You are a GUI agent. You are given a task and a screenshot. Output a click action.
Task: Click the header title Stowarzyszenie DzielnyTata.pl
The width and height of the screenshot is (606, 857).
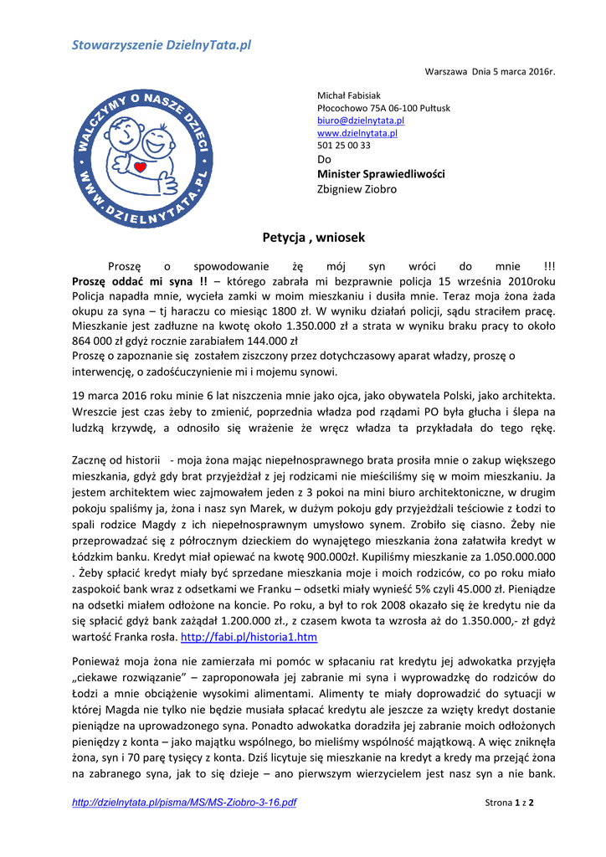pos(161,44)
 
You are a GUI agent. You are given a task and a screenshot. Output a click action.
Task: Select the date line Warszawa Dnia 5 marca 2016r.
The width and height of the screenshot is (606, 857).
pos(490,73)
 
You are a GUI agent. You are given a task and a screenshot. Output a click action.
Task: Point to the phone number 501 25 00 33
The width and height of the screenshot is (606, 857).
pos(344,145)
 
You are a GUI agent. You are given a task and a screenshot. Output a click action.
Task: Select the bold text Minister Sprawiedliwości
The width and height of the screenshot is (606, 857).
pos(381,174)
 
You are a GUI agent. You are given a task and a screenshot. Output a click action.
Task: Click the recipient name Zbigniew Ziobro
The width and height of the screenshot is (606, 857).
pos(357,189)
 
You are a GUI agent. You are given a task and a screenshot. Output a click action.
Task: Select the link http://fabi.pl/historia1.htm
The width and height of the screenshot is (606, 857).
pos(249,638)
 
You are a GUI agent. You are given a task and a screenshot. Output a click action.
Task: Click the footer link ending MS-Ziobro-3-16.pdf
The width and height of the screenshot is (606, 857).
pos(184,803)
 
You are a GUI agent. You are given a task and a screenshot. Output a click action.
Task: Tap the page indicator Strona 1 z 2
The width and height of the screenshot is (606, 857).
pos(510,803)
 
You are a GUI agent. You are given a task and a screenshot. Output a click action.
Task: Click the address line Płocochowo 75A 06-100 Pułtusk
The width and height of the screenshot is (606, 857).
pos(383,109)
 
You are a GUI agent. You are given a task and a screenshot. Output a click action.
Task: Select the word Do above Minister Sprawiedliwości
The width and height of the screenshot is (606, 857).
pos(325,159)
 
